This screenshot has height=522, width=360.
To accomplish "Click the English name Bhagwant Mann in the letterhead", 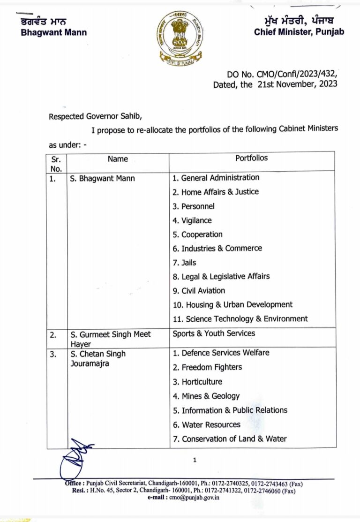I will [x=54, y=32].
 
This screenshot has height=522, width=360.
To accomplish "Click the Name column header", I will [x=118, y=159].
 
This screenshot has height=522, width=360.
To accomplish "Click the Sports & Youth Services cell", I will [x=214, y=333].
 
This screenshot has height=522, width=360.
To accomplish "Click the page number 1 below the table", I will [x=195, y=461].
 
